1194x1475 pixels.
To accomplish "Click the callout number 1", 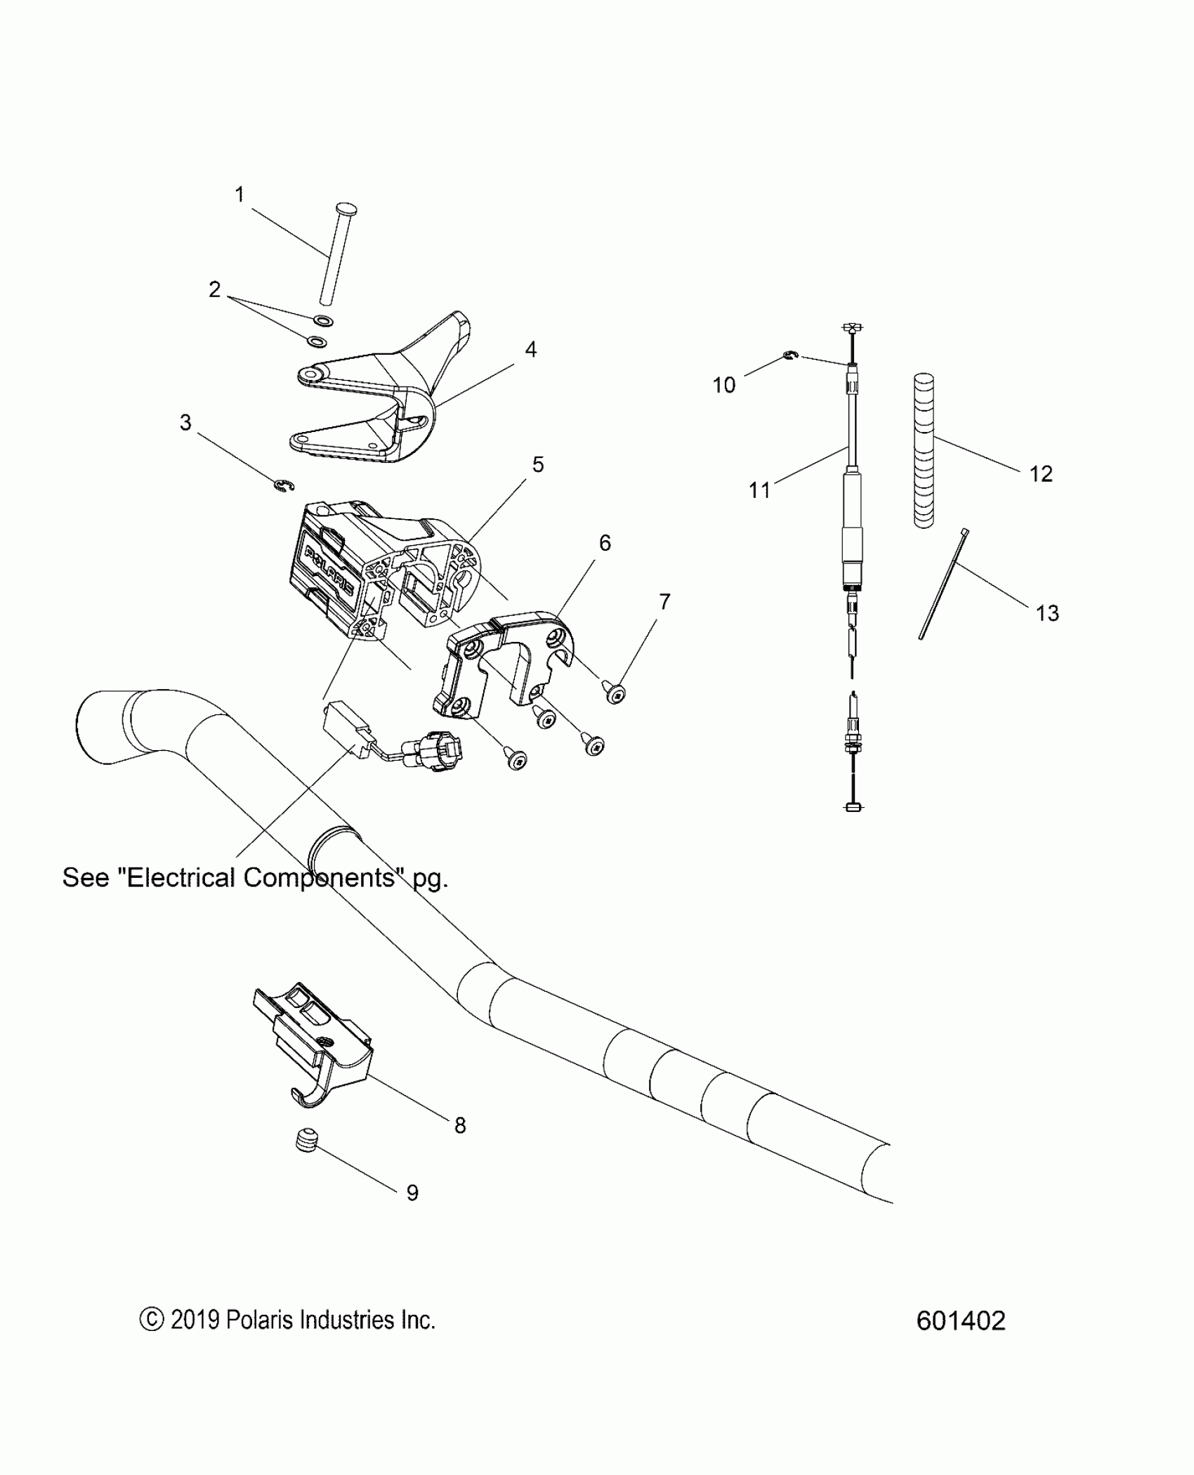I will (240, 195).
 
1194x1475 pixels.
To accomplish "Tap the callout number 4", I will (531, 349).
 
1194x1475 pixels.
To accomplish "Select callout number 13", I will (1047, 613).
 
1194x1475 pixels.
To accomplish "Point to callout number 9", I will (412, 1193).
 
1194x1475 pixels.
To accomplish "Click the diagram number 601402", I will (960, 1321).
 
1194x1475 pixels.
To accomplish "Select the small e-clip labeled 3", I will (283, 485).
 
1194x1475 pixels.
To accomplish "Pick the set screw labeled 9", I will (305, 1143).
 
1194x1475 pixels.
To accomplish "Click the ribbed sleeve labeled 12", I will (924, 450).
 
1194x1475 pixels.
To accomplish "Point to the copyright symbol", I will (151, 1320).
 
